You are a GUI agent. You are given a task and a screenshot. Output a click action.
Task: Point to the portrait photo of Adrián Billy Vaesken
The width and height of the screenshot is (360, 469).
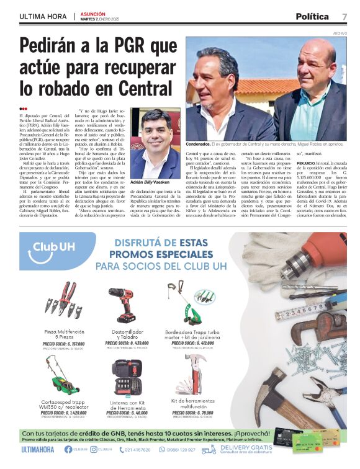click(155, 145)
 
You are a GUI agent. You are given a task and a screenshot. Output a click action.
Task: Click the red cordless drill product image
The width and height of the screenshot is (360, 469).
click(123, 305)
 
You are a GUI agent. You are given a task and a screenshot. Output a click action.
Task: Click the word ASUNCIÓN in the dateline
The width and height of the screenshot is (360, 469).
click(92, 12)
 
